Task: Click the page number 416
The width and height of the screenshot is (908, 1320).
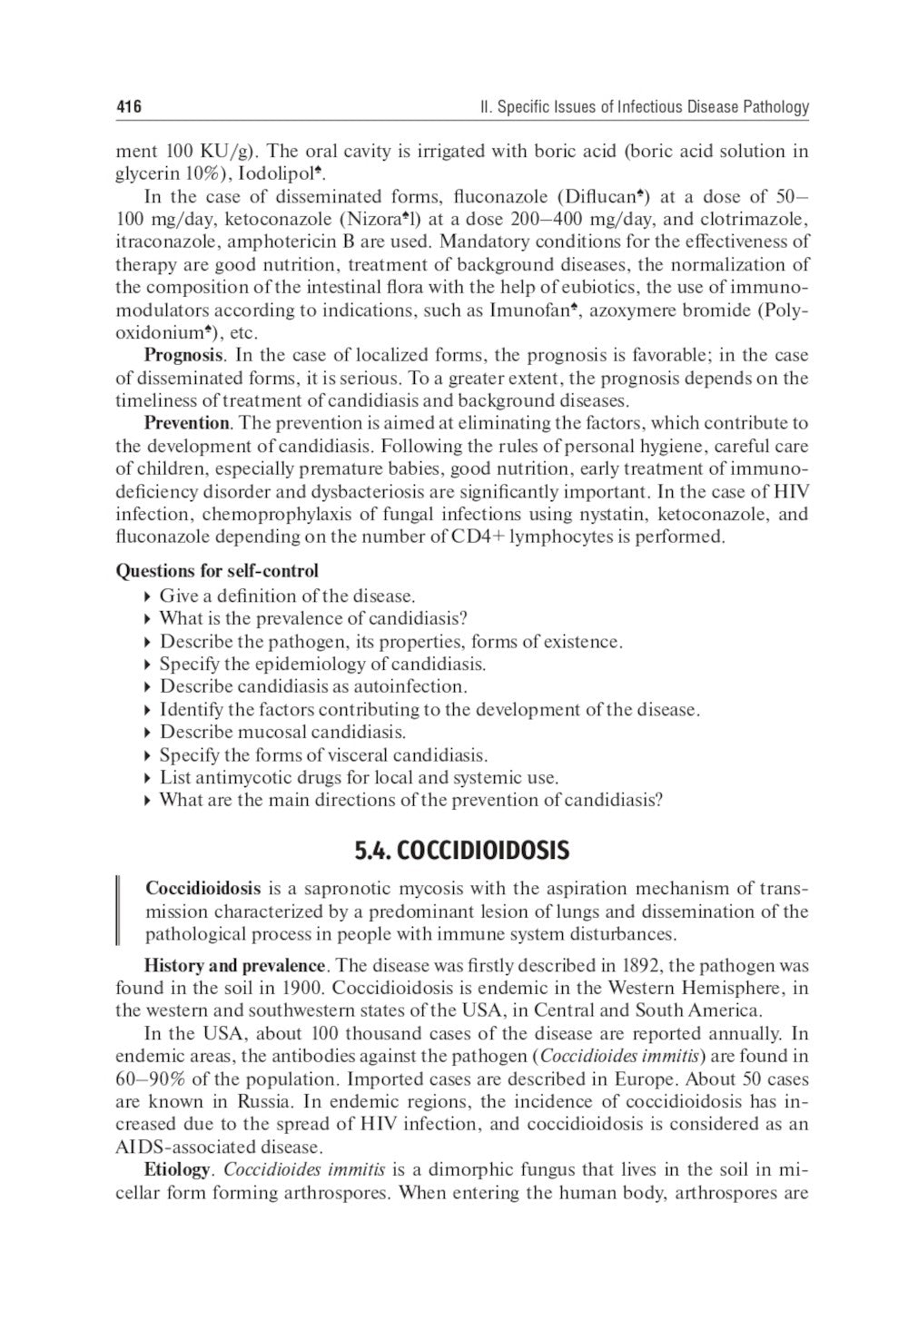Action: (x=128, y=107)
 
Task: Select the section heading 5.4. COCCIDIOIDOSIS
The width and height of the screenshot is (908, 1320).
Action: (x=461, y=851)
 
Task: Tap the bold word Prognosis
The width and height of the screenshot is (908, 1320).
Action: (x=183, y=355)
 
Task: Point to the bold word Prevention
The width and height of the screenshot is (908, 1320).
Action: (x=187, y=423)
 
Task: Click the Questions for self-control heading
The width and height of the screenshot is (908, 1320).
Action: (x=217, y=571)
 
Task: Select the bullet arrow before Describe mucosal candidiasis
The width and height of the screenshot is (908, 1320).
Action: (x=148, y=733)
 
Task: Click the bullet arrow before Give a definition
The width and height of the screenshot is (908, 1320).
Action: (x=148, y=596)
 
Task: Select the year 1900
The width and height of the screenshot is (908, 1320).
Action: (x=301, y=988)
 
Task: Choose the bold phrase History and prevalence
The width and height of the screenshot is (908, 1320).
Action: (x=234, y=965)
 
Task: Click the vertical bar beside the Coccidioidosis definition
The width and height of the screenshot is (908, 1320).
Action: (x=119, y=911)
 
